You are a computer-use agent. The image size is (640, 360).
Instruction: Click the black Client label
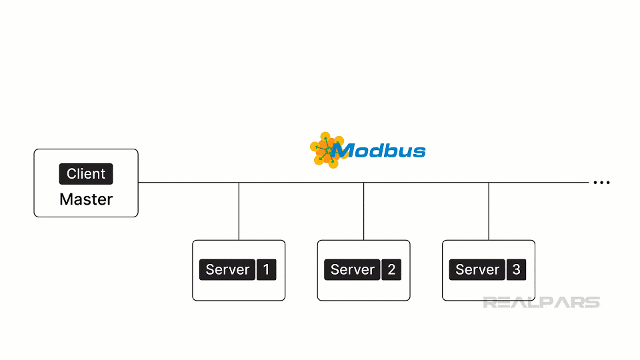[86, 174]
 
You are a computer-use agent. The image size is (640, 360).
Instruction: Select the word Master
[86, 199]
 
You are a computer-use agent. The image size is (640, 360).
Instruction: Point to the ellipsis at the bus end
[601, 183]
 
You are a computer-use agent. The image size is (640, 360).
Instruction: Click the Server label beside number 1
[227, 270]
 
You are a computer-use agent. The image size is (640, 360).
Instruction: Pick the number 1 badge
[267, 270]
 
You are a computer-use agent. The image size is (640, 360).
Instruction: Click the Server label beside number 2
[353, 270]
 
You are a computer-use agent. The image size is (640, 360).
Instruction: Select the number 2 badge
[391, 270]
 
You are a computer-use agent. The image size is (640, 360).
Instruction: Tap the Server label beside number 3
[477, 270]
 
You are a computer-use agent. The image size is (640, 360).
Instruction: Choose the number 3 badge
[517, 270]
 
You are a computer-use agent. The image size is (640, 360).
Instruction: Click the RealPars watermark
[541, 303]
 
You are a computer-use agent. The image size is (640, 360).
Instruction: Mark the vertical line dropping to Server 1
[239, 211]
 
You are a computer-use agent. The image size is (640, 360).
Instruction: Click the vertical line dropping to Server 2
[363, 211]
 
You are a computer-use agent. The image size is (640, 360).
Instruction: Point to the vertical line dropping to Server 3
[489, 211]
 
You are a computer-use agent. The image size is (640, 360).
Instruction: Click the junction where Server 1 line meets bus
[239, 183]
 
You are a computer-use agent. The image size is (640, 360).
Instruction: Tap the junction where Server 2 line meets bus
[363, 183]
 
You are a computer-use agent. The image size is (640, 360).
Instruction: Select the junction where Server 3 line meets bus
[489, 183]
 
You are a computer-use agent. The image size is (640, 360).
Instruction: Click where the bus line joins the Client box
[139, 183]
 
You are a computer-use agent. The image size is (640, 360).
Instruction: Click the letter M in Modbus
[343, 151]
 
